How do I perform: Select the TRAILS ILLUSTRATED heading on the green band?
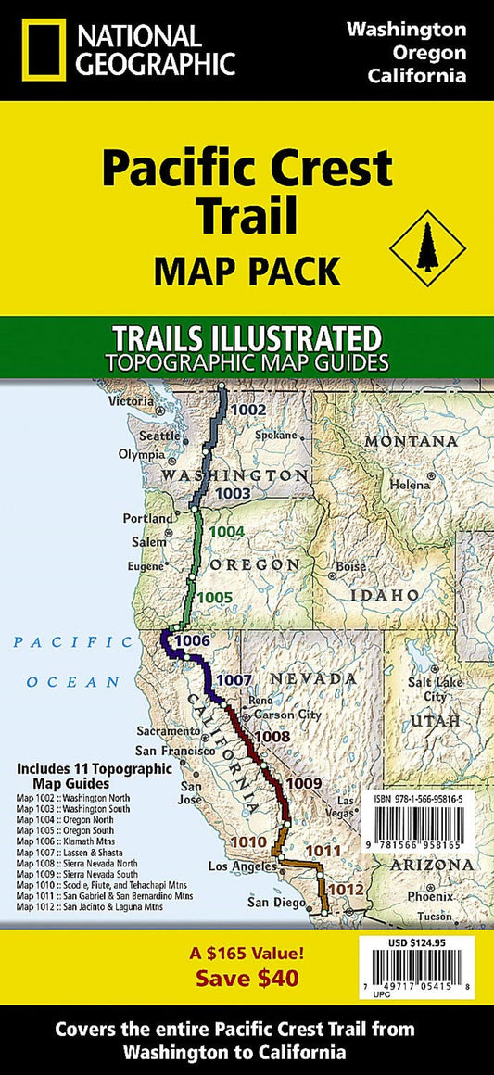247,335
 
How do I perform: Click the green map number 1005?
215,597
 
